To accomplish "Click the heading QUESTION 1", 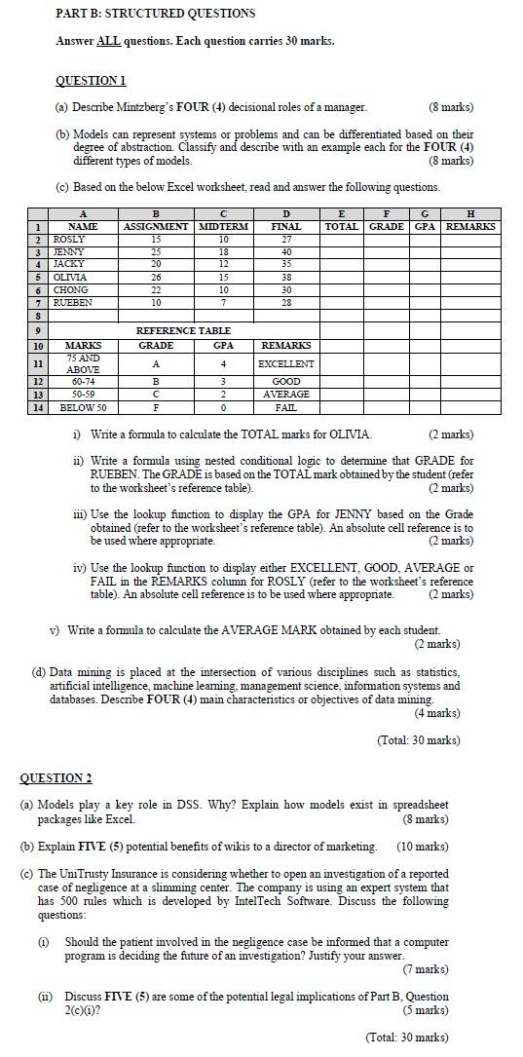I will click(91, 80).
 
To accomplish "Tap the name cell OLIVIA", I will click(69, 277).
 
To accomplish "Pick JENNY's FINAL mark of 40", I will click(285, 251).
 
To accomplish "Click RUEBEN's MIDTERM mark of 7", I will click(224, 302).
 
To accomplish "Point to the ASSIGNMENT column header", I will click(156, 226).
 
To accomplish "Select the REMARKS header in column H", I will click(470, 226).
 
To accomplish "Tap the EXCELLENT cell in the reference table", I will click(285, 363).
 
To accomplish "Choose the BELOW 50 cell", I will click(83, 407).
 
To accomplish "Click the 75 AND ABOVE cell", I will click(83, 363).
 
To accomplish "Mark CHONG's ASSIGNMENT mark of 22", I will click(156, 289).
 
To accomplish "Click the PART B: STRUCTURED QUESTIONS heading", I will click(156, 14).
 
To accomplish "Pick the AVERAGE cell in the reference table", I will click(285, 395).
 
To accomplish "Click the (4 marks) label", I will click(437, 712).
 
